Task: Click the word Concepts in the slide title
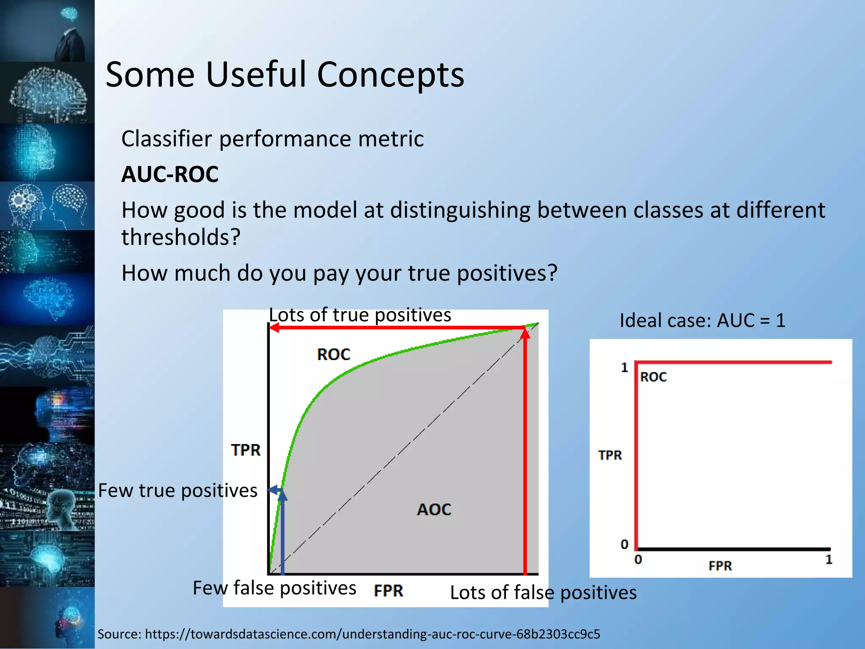(390, 75)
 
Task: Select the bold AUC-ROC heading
(170, 175)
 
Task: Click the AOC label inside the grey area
(434, 510)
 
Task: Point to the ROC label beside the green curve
(334, 354)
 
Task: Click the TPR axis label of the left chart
(246, 450)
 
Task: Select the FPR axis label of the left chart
(389, 591)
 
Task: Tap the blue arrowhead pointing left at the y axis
(272, 490)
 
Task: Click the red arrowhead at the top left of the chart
(274, 328)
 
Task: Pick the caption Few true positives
(177, 491)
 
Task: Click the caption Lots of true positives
(360, 315)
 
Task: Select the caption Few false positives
(274, 588)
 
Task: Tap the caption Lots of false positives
(543, 593)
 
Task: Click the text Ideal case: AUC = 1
(702, 320)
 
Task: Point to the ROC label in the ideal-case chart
(653, 377)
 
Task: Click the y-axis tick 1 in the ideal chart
(624, 368)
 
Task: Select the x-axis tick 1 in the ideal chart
(829, 560)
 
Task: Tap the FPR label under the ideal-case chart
(720, 566)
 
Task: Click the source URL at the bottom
(372, 634)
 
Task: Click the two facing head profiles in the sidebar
(47, 206)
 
